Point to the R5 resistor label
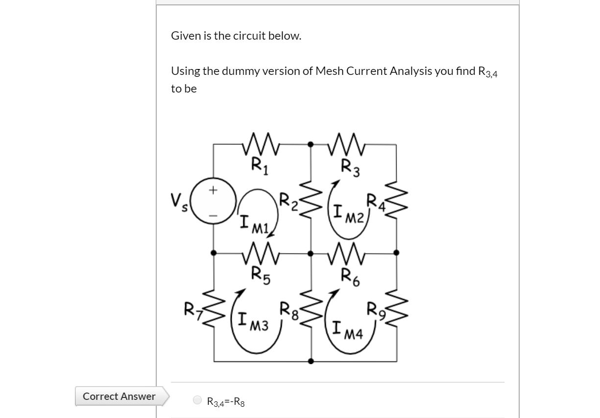tap(259, 273)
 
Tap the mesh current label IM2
tap(348, 214)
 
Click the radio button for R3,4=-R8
tap(197, 400)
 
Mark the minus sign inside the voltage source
tap(213, 214)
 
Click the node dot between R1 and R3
tap(311, 144)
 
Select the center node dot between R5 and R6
tap(311, 253)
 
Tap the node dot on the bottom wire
tap(311, 362)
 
